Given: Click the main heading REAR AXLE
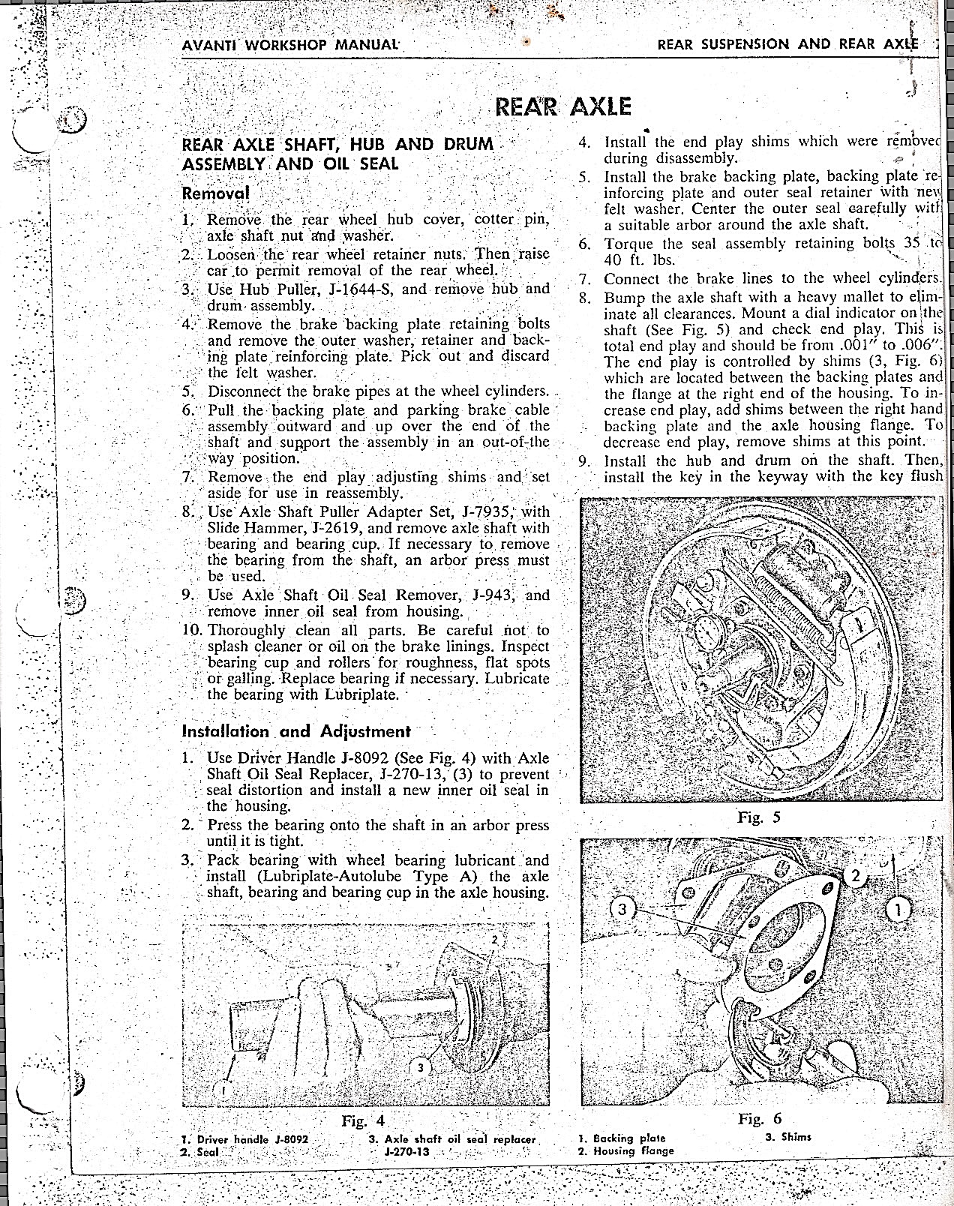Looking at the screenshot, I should tap(562, 107).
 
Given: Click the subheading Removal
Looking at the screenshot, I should tap(215, 193).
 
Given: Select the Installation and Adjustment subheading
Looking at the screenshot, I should tap(296, 731).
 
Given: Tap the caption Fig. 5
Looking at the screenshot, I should tap(759, 817).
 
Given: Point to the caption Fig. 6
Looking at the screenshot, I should tap(760, 1119).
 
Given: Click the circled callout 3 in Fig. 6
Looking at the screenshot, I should tap(621, 910).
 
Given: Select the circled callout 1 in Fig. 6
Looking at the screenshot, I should tap(898, 910).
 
